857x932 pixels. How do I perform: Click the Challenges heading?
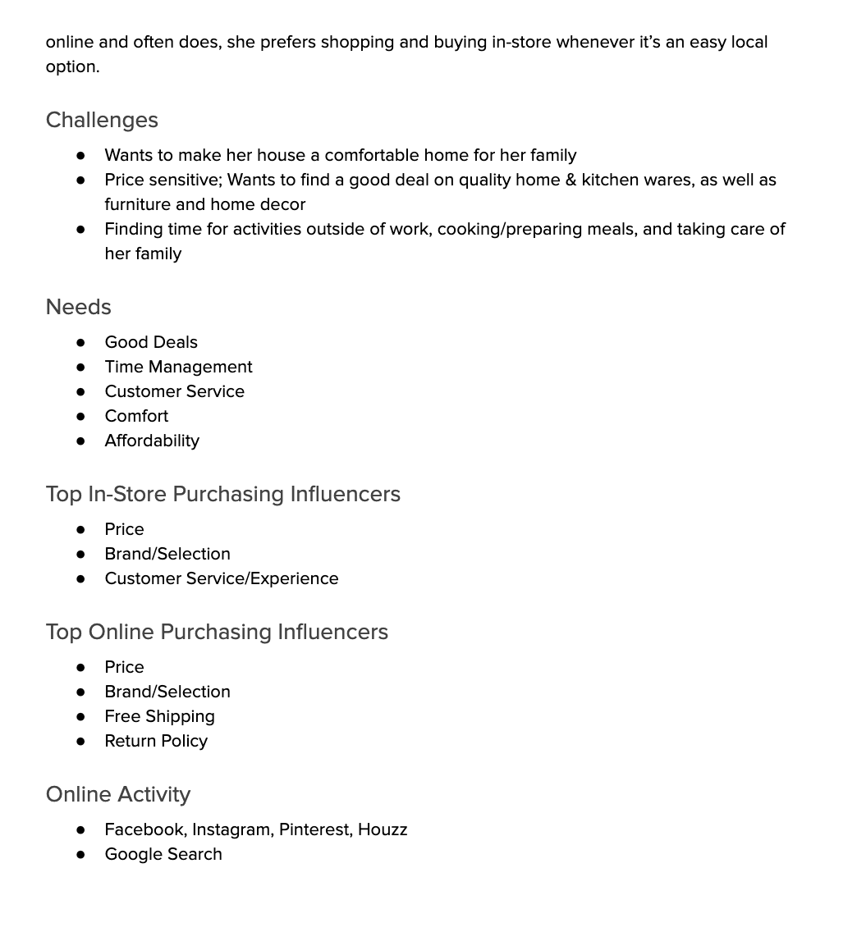pos(102,120)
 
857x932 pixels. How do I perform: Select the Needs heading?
pos(78,307)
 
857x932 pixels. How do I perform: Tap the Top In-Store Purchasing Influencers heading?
pos(222,494)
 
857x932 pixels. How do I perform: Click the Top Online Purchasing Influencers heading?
pos(217,632)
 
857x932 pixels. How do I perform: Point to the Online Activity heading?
pos(118,794)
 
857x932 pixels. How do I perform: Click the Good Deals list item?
pos(151,342)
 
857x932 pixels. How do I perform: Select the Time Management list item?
pos(178,367)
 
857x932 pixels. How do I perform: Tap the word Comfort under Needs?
pos(136,416)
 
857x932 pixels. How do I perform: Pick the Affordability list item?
pos(152,441)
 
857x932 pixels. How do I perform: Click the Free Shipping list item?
pos(159,716)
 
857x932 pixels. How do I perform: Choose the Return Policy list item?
pos(156,741)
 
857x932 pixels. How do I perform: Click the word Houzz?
pos(383,829)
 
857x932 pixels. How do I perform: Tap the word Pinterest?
pos(314,829)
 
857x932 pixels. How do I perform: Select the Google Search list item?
pos(163,854)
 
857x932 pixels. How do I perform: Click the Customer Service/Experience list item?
pos(222,578)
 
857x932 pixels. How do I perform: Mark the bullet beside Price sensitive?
pos(80,180)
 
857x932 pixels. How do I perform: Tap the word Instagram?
pos(231,829)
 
